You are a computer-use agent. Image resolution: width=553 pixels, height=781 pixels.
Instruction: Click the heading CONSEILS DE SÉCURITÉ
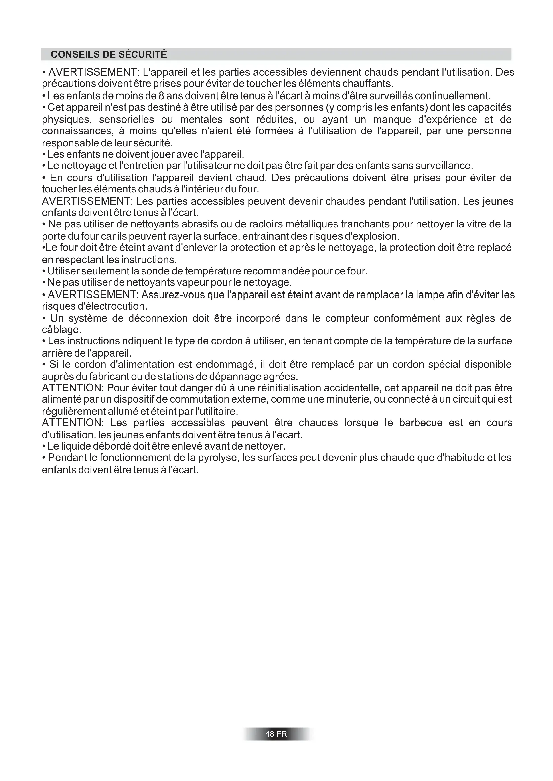[109, 55]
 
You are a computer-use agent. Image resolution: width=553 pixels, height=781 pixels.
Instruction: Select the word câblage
[62, 330]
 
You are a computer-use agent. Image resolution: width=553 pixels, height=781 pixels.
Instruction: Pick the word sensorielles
[126, 120]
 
